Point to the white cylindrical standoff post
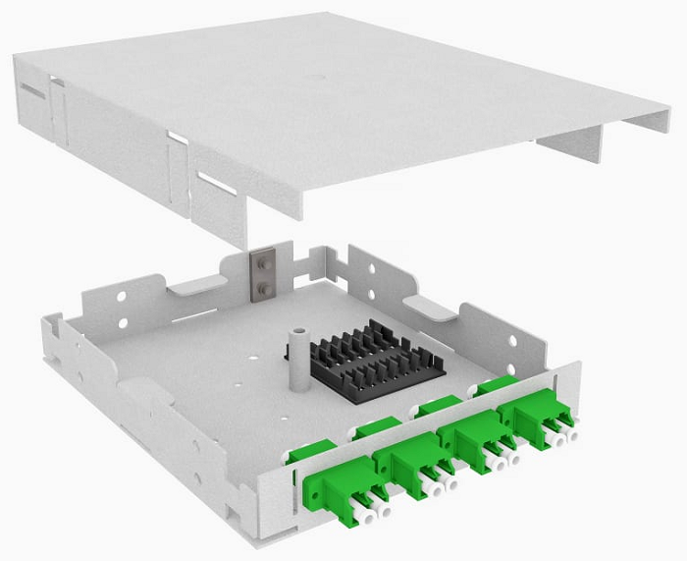point(294,353)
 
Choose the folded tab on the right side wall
point(429,308)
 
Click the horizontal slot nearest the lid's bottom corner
point(215,184)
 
